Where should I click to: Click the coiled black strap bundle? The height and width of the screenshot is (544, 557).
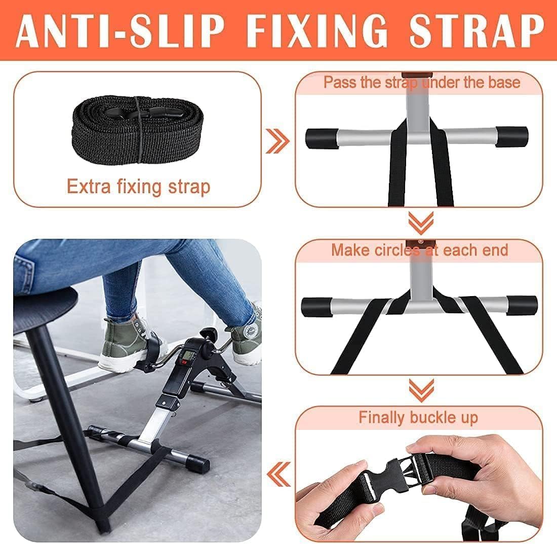click(138, 129)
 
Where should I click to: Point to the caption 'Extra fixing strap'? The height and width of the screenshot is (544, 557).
click(139, 187)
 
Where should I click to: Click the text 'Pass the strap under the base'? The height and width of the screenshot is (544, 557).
click(422, 83)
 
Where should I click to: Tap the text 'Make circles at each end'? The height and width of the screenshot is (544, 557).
click(420, 250)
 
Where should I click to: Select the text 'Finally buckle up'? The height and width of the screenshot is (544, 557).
click(418, 417)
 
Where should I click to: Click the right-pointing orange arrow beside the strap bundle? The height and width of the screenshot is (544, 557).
click(277, 141)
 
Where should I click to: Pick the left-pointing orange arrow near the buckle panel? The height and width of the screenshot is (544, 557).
click(278, 475)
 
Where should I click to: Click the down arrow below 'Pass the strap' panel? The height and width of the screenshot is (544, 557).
click(421, 223)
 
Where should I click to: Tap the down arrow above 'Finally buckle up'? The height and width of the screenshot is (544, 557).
click(421, 390)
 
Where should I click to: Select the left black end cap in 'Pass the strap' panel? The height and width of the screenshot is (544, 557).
click(322, 138)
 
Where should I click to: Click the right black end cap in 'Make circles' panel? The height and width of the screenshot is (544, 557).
click(522, 305)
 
